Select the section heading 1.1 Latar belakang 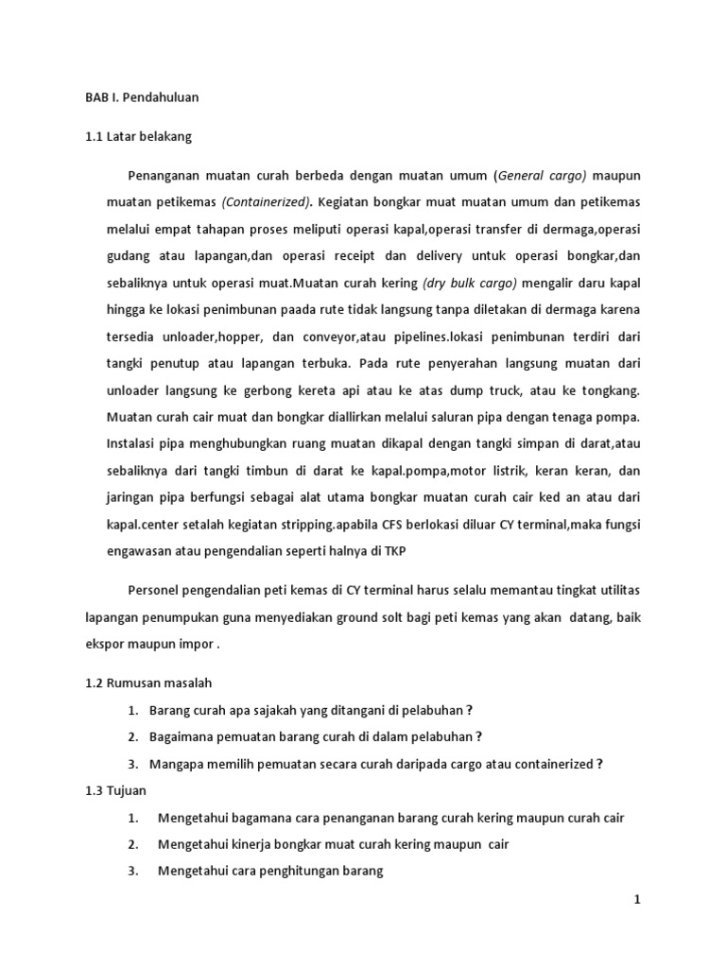click(x=138, y=136)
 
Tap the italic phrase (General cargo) click(x=543, y=176)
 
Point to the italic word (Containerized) click(x=268, y=202)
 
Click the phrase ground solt click(x=359, y=616)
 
